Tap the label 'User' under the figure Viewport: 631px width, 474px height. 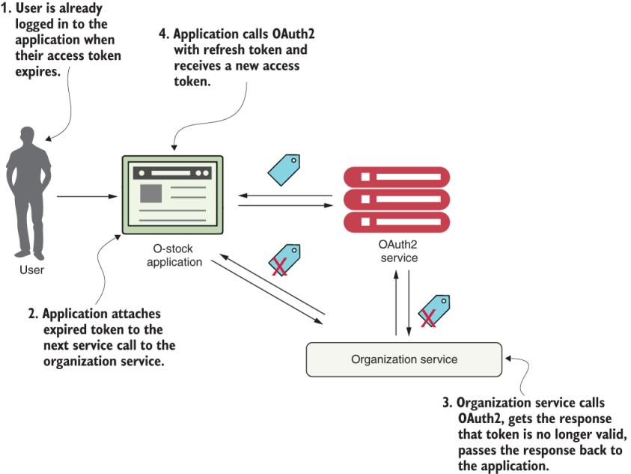click(31, 270)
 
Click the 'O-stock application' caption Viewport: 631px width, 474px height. click(174, 255)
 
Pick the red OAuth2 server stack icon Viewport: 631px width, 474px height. click(397, 199)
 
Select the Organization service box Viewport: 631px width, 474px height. click(404, 359)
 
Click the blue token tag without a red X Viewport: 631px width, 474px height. click(284, 169)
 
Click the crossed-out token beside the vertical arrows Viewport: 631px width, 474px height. click(433, 310)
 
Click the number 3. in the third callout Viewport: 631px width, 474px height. click(448, 403)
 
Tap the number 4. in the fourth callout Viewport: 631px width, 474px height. click(163, 34)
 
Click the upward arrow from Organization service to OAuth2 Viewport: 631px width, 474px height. click(395, 300)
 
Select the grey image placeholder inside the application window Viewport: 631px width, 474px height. click(151, 192)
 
